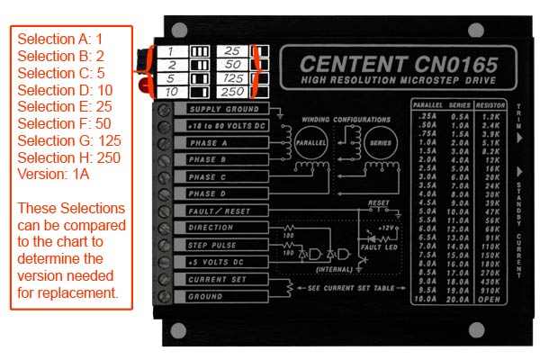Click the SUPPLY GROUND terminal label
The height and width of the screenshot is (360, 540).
point(211,109)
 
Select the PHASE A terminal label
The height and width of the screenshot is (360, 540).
point(208,143)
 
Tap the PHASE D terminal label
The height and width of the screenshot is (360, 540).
point(208,193)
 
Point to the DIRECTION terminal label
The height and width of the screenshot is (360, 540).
point(210,228)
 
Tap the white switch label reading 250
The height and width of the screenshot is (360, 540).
point(233,93)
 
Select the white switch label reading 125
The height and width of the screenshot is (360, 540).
point(233,79)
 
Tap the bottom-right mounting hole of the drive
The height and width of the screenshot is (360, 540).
point(512,328)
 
